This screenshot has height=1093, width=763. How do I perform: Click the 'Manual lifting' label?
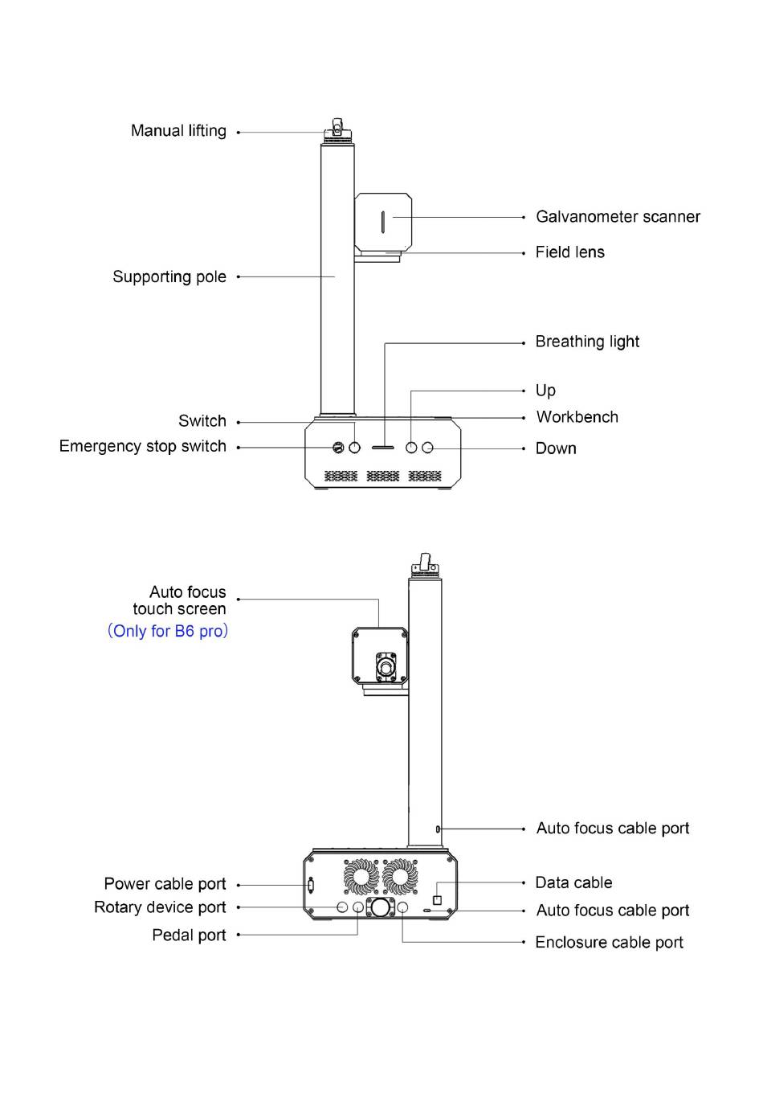click(178, 131)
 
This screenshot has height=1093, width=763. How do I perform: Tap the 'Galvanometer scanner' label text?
click(618, 217)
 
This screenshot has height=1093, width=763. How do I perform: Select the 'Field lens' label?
click(569, 252)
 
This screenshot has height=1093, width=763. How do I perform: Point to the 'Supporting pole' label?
click(169, 277)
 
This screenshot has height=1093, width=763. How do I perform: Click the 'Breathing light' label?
click(587, 342)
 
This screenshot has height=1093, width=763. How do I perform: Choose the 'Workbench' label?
click(577, 417)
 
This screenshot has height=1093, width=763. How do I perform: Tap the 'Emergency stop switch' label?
click(143, 447)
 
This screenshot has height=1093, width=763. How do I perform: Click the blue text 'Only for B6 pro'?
click(168, 632)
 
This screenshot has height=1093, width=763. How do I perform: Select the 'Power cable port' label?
click(165, 884)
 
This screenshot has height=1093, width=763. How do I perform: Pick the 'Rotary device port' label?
click(160, 907)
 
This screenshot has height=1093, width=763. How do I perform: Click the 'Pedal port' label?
click(189, 935)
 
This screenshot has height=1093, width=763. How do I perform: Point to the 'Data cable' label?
click(573, 883)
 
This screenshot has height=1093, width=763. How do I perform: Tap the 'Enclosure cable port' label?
click(609, 943)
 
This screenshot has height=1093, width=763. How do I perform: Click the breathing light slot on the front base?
click(382, 447)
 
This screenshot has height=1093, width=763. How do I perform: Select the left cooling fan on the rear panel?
click(361, 877)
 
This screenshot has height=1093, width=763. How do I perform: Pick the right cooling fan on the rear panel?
click(400, 877)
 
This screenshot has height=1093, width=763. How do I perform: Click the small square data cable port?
click(437, 899)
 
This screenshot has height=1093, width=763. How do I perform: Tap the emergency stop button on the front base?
click(338, 447)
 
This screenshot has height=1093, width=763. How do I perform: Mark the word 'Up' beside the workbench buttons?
click(545, 391)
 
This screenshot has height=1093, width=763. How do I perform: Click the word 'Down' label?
click(556, 448)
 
